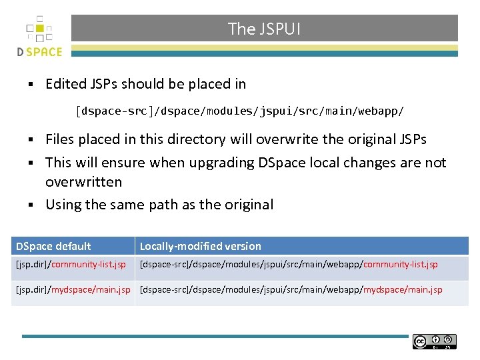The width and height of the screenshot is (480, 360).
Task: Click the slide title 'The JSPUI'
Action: coord(264,29)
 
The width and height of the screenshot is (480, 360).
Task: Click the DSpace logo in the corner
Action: coord(39,37)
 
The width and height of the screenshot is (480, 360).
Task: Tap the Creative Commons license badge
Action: coord(434,341)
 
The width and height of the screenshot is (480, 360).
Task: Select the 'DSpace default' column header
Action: coord(53,246)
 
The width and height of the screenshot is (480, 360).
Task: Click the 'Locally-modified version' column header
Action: coord(200,246)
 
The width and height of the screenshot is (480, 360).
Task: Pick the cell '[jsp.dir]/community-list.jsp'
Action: coord(71,265)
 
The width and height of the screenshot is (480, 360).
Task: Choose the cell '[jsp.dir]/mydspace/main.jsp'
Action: coord(73,290)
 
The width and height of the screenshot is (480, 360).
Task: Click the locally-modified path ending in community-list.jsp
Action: coord(289,265)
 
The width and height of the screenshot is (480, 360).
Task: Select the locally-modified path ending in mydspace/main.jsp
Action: coord(291,290)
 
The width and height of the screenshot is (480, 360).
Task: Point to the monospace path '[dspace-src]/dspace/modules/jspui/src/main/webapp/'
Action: coord(239,111)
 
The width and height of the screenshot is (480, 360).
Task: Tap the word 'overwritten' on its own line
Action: coord(83,182)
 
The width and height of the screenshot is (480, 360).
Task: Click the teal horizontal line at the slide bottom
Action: coord(213,336)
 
